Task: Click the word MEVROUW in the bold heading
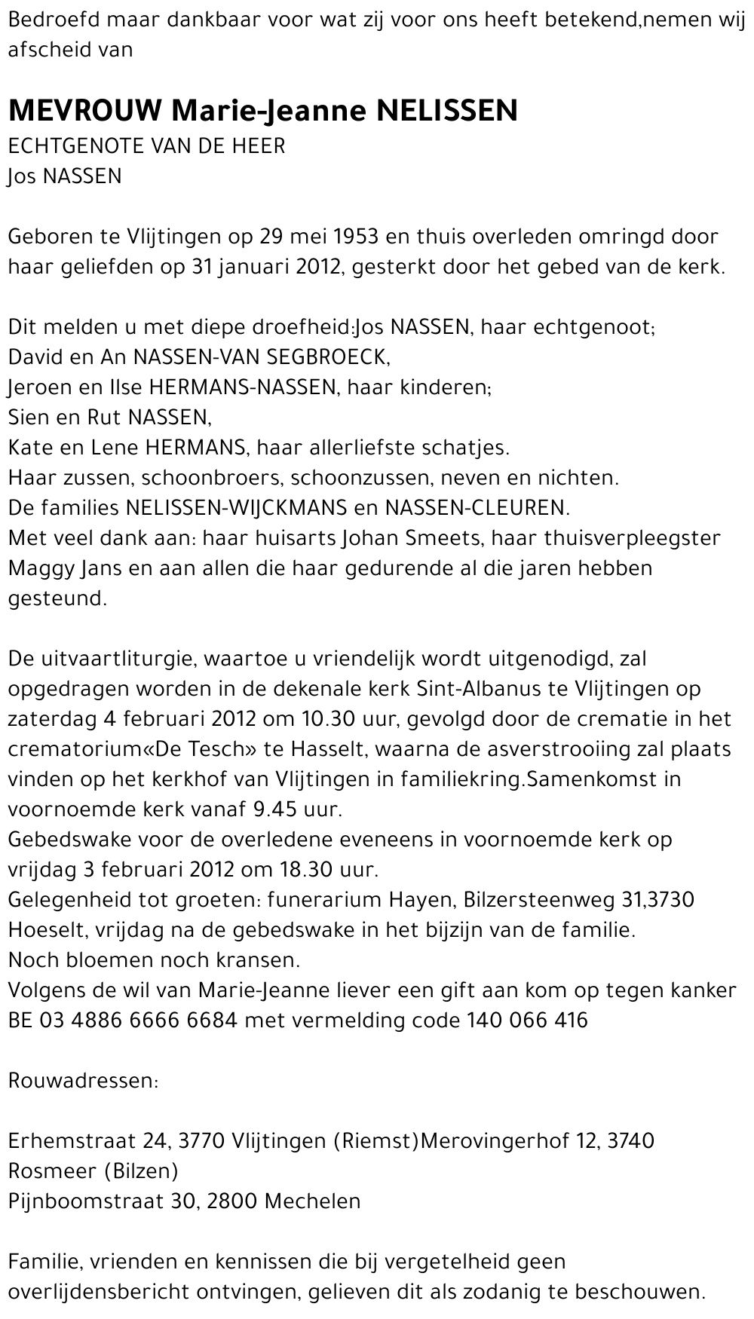click(x=84, y=111)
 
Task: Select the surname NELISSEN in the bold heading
click(x=446, y=111)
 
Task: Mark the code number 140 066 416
click(x=527, y=1021)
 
